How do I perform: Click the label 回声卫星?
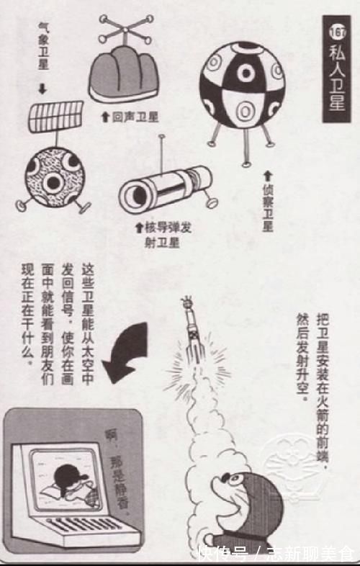coord(130,116)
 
